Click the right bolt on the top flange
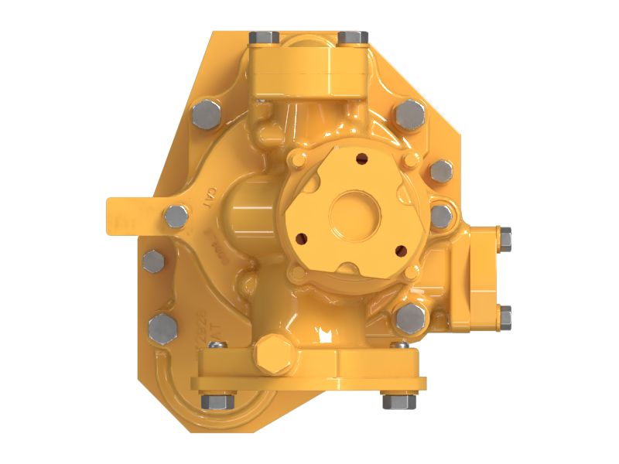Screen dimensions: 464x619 [353, 37]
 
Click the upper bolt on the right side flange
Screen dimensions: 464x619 [504, 240]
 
